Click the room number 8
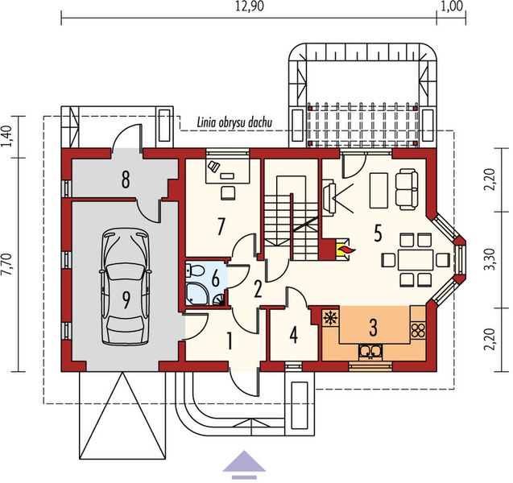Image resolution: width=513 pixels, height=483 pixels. click(x=125, y=179)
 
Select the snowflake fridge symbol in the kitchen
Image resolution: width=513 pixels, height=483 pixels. click(x=328, y=317)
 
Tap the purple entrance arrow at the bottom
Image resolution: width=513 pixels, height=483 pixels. click(x=244, y=464)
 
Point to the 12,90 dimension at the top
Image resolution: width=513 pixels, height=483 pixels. click(x=249, y=7)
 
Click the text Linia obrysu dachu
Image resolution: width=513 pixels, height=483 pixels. click(x=236, y=122)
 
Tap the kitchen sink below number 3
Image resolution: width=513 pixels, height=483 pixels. click(x=370, y=349)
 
